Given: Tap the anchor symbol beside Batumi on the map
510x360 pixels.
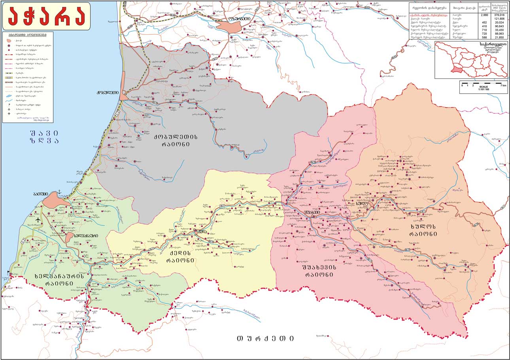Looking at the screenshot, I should click(x=60, y=192).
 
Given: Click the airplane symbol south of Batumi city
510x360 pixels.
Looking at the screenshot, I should click(x=38, y=220).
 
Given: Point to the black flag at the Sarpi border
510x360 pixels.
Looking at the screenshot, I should click(x=9, y=272).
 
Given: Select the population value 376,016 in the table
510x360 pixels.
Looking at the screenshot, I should click(x=499, y=14).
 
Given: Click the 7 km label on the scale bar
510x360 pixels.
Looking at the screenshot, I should click(x=503, y=85).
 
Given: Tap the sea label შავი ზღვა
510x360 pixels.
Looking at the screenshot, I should click(x=44, y=136).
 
